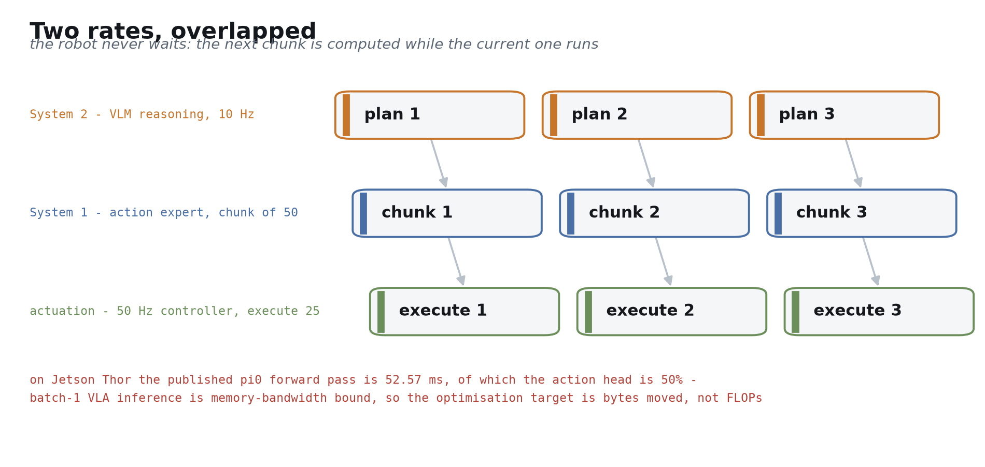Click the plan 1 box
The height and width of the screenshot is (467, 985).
click(430, 115)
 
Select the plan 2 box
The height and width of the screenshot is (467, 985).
click(637, 115)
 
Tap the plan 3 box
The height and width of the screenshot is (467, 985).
click(845, 115)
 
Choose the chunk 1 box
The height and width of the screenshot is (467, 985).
click(447, 213)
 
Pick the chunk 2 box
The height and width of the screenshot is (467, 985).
click(654, 213)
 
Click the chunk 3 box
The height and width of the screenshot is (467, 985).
click(862, 213)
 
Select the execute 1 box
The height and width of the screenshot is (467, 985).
click(465, 312)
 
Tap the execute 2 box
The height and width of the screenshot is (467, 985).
click(672, 312)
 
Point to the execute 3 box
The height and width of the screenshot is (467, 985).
click(879, 312)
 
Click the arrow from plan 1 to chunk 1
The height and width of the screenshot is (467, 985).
click(439, 163)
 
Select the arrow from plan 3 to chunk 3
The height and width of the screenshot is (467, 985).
click(853, 163)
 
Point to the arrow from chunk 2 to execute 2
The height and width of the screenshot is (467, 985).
click(663, 261)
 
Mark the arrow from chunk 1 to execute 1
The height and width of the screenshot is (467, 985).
click(456, 261)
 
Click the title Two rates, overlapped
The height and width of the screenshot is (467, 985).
click(173, 32)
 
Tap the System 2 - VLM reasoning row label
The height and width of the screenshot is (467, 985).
click(142, 114)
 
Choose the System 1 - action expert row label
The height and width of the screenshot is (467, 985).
click(164, 213)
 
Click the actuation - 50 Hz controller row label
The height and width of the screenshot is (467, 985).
click(175, 311)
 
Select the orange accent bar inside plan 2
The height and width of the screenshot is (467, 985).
click(554, 115)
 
